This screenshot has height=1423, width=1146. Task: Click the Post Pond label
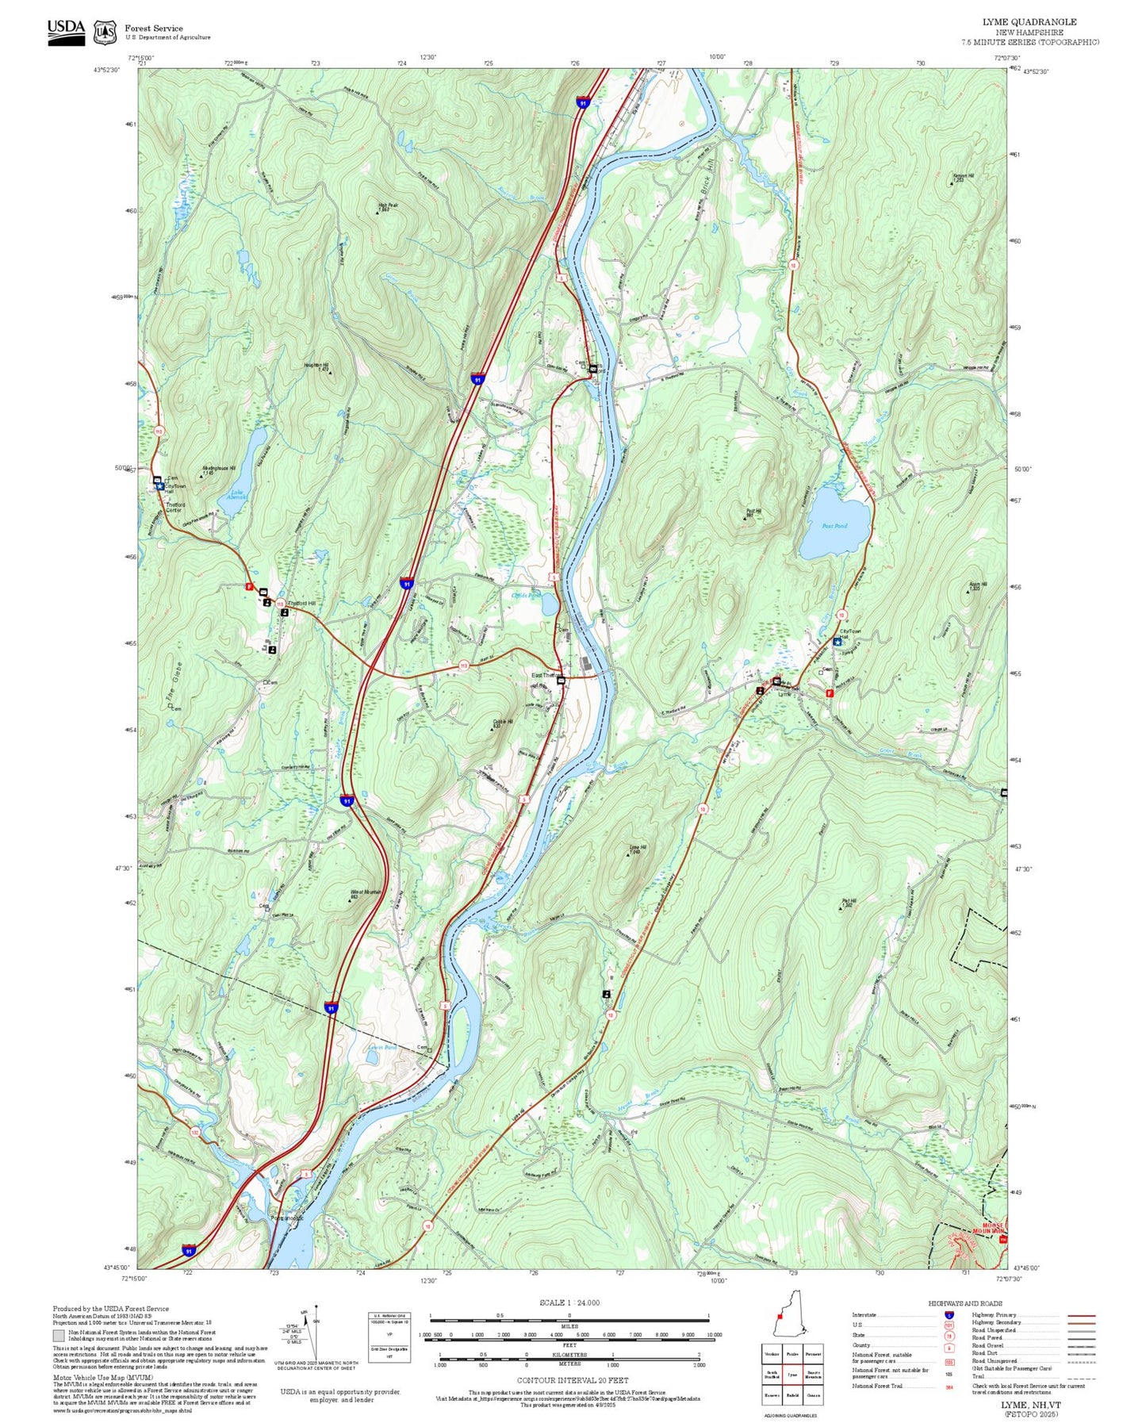pyautogui.click(x=834, y=526)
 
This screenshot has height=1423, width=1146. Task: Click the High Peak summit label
pyautogui.click(x=388, y=205)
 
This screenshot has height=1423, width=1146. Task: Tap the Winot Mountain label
pyautogui.click(x=366, y=892)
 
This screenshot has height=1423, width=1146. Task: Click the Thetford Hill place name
pyautogui.click(x=301, y=604)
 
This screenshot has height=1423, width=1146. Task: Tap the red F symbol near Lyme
pyautogui.click(x=830, y=692)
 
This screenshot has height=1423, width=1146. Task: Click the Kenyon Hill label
pyautogui.click(x=963, y=176)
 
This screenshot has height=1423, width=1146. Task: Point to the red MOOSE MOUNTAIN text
pyautogui.click(x=992, y=1228)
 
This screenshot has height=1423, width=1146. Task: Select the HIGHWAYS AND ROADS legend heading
pyautogui.click(x=965, y=1303)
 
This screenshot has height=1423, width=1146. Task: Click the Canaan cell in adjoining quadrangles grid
pyautogui.click(x=813, y=1395)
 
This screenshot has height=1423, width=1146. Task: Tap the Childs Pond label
pyautogui.click(x=525, y=595)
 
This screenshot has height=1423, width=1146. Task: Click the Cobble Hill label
pyautogui.click(x=503, y=722)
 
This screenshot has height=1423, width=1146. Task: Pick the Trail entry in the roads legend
pyautogui.click(x=978, y=1376)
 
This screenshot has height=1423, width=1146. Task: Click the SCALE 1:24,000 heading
pyautogui.click(x=569, y=1302)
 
